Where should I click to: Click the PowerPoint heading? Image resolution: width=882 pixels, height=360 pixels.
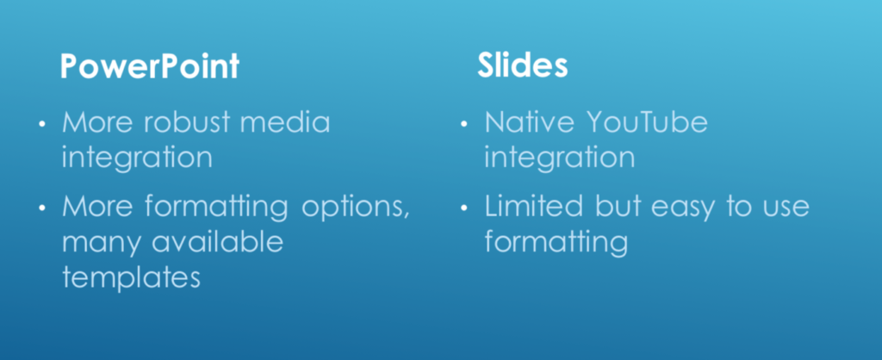click(x=150, y=65)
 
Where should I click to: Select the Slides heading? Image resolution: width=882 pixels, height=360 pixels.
click(x=523, y=65)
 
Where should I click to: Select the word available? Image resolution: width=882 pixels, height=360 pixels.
click(x=217, y=241)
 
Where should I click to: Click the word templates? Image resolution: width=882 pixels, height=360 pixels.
click(x=131, y=276)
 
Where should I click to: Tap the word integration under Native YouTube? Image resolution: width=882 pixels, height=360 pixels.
click(x=560, y=158)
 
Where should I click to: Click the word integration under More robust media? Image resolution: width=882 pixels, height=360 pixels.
click(x=137, y=158)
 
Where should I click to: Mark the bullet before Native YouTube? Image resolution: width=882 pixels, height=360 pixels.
click(x=463, y=124)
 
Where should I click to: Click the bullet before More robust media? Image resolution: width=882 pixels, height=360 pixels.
click(x=41, y=124)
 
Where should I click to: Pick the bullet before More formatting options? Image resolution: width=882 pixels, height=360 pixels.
click(x=41, y=208)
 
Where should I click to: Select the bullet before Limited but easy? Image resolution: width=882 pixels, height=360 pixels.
click(x=463, y=208)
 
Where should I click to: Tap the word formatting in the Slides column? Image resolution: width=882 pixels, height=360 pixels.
click(x=556, y=242)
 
